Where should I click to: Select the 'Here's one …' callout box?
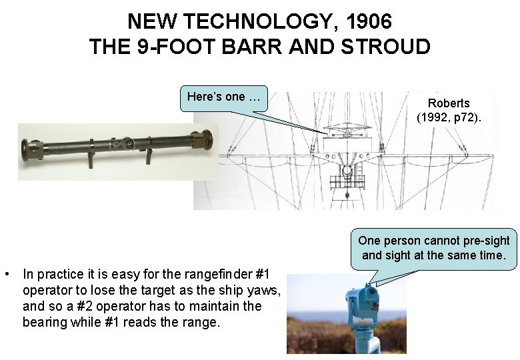[x=223, y=97]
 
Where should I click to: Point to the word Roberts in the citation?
[x=449, y=103]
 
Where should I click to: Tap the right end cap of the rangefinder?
[x=207, y=141]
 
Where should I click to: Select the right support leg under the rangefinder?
[x=149, y=157]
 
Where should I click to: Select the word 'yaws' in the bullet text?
[x=265, y=290]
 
